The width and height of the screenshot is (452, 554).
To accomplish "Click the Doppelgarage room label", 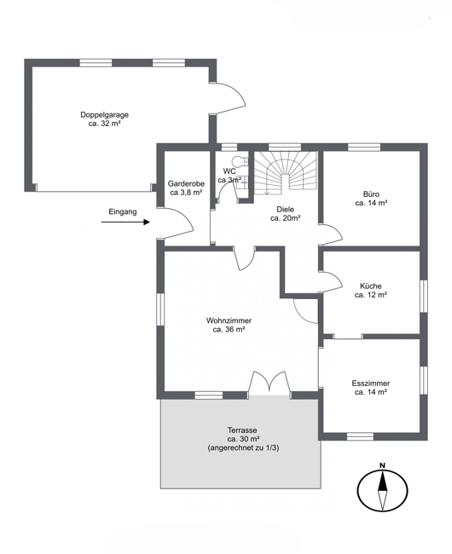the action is [x=105, y=119].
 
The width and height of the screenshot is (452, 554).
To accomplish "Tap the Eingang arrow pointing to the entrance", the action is [x=125, y=222].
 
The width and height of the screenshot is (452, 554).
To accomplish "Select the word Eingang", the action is [x=123, y=212].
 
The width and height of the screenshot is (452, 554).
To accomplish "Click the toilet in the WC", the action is [x=243, y=161].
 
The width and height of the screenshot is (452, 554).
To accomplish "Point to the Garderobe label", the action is [x=186, y=188].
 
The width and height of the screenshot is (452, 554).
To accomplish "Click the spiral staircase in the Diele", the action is [x=286, y=173].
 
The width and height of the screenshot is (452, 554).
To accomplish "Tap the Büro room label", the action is [x=371, y=199].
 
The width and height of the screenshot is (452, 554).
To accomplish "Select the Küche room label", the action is [x=371, y=291].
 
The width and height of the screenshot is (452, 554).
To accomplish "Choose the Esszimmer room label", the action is [x=371, y=388].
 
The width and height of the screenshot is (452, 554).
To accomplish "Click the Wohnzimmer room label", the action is [x=229, y=325].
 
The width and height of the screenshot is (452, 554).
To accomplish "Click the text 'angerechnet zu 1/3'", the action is [x=244, y=448].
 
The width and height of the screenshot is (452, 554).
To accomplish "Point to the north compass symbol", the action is [x=382, y=490].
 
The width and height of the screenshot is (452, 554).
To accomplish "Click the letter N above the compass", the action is [x=382, y=465].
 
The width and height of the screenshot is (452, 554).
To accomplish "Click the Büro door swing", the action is [x=331, y=234].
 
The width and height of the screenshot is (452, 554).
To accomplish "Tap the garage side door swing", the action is [x=230, y=99].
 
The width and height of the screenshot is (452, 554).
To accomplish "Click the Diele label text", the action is [x=286, y=214].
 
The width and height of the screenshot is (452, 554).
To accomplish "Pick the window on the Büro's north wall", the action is [x=364, y=147].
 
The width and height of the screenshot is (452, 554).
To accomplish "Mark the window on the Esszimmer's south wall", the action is [x=360, y=436].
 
